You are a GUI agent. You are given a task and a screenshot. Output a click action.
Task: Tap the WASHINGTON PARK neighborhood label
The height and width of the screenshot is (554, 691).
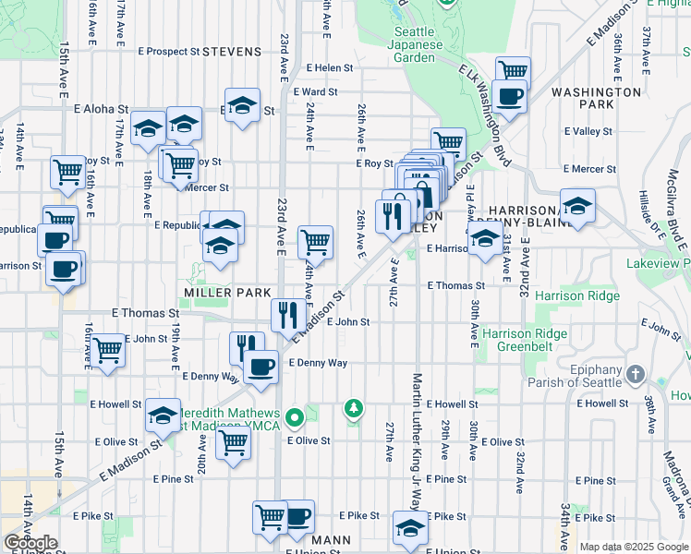point(596,98)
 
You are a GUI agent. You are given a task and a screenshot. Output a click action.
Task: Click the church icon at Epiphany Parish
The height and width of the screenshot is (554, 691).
point(634,374)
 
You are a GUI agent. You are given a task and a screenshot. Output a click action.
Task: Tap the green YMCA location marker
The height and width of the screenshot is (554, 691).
point(295,419)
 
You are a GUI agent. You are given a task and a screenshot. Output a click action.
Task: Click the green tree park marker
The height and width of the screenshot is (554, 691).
point(353,407)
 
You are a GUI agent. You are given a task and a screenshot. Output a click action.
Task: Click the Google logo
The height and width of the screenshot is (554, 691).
point(30,543)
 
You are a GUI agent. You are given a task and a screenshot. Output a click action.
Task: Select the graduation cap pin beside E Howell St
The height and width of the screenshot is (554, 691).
point(163,417)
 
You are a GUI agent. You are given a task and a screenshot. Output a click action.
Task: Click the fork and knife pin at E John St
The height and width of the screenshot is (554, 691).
point(288,316)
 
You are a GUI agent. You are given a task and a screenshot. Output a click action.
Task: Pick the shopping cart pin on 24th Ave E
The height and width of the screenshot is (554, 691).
point(316,243)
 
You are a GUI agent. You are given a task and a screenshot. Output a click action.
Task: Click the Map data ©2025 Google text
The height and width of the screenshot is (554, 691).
point(633,547)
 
